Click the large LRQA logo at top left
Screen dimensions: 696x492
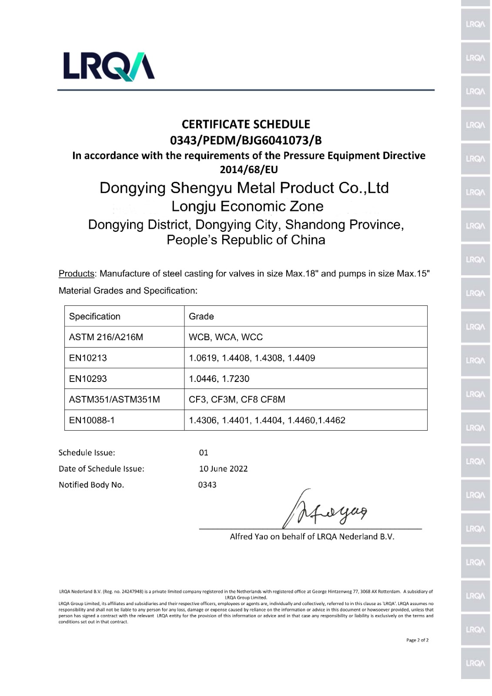pos(109,66)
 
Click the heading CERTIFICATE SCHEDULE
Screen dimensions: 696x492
pos(246,124)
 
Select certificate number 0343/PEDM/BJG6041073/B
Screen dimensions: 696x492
pos(246,141)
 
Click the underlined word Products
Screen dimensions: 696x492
pos(77,274)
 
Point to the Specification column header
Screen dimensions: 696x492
pos(95,316)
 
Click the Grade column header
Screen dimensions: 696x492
pos(201,316)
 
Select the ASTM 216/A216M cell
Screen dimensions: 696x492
pos(106,337)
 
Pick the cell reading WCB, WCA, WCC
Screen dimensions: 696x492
pos(226,337)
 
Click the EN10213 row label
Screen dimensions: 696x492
pos(88,358)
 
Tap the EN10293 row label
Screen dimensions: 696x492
pos(88,378)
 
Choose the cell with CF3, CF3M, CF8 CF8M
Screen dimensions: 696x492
pos(237,399)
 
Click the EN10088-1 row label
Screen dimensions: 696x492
pos(92,420)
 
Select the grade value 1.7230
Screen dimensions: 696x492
pos(236,378)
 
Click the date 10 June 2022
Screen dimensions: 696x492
pos(223,468)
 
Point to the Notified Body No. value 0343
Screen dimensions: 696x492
pos(207,485)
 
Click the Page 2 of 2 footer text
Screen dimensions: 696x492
pos(417,640)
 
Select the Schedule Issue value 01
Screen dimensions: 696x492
pos(204,452)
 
